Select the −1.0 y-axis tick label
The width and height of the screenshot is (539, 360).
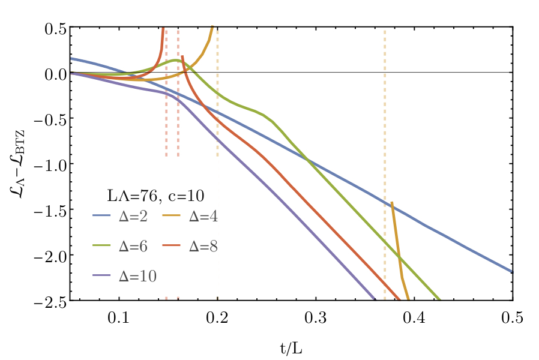click(x=48, y=164)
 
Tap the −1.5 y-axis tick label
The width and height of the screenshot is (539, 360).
click(x=48, y=209)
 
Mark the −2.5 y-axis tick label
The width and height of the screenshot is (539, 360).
click(x=48, y=300)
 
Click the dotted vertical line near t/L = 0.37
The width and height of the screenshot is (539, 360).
click(x=384, y=120)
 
